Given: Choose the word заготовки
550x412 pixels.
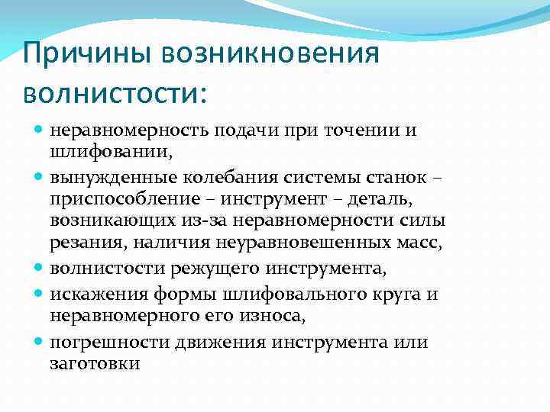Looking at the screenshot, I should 95,364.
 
